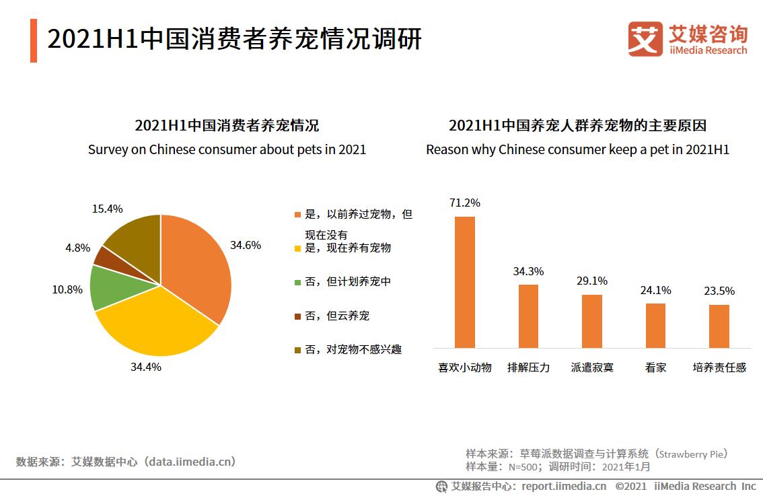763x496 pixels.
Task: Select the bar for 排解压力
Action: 528,316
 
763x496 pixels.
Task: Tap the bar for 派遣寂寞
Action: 592,321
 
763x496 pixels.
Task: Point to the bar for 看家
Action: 655,325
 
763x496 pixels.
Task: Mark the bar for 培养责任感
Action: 719,326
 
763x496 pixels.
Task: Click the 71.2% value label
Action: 465,203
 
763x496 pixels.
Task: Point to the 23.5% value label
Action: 720,291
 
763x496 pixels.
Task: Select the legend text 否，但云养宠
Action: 337,316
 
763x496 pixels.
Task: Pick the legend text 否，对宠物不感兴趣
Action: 353,349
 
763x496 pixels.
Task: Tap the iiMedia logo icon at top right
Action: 645,38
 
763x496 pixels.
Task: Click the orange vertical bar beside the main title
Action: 34,41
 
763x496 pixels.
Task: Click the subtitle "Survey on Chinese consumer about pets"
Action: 227,149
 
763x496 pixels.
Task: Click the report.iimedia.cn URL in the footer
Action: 564,486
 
